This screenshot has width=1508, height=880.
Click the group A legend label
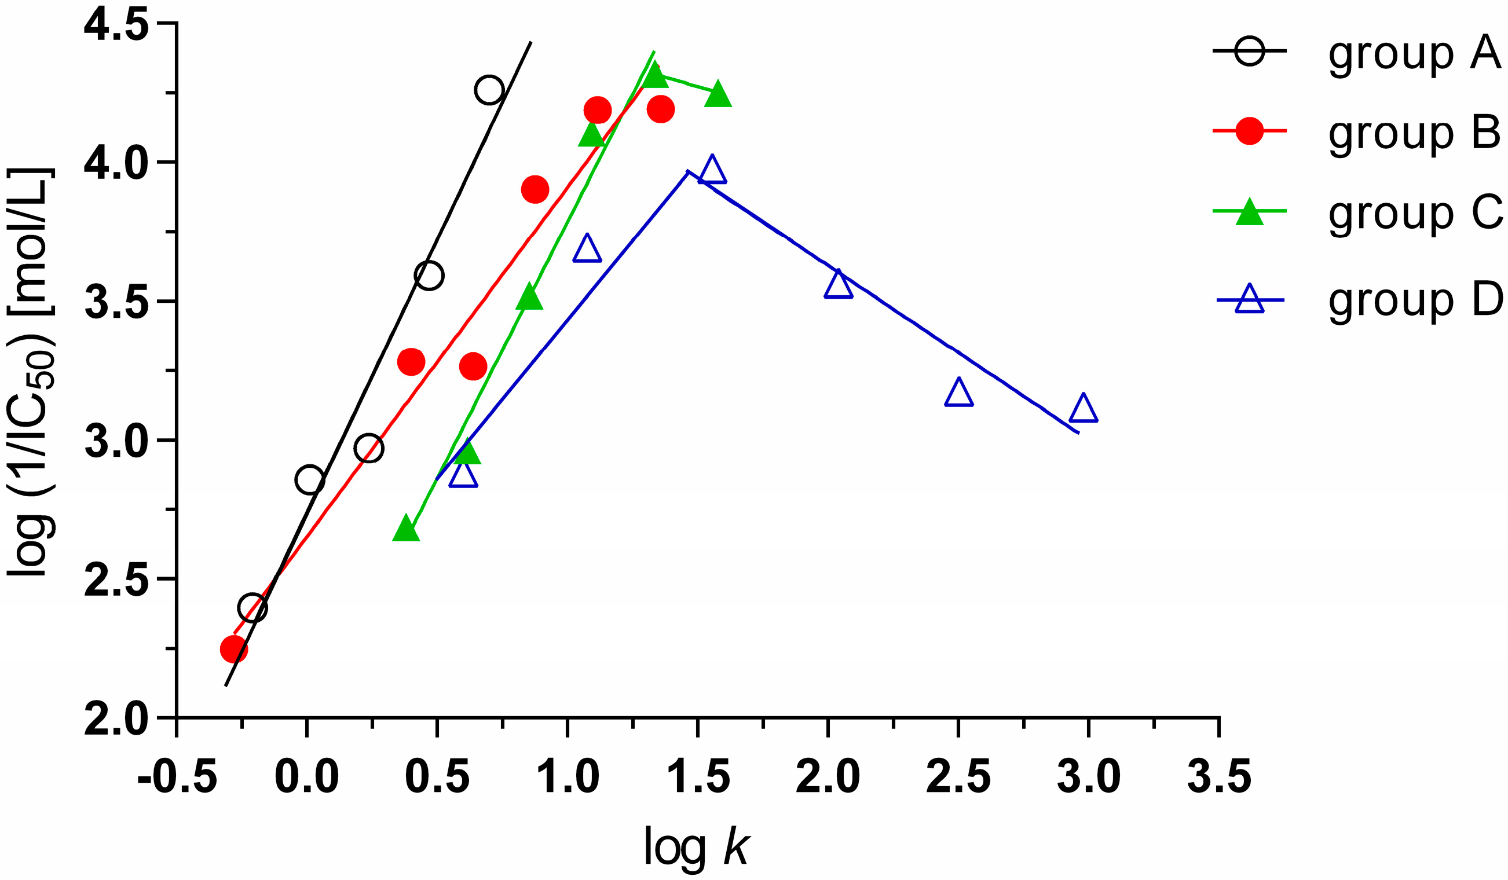pos(1415,54)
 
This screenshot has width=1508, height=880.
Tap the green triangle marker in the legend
pos(1250,212)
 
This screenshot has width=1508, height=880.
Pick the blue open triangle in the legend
pos(1250,299)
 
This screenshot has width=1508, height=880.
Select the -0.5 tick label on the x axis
pos(177,777)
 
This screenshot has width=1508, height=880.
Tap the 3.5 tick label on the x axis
pos(1219,777)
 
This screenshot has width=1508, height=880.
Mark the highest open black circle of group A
pos(489,90)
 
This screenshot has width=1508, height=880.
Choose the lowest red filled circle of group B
pos(233,649)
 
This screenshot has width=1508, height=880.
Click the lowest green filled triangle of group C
pos(406,528)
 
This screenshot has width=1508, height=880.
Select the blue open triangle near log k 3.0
pos(1083,409)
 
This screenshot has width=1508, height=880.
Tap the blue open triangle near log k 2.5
pos(958,393)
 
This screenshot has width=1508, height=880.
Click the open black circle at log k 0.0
pos(309,480)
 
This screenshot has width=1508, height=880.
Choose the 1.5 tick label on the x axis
pos(698,777)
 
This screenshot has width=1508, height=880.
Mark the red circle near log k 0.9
pos(535,190)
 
